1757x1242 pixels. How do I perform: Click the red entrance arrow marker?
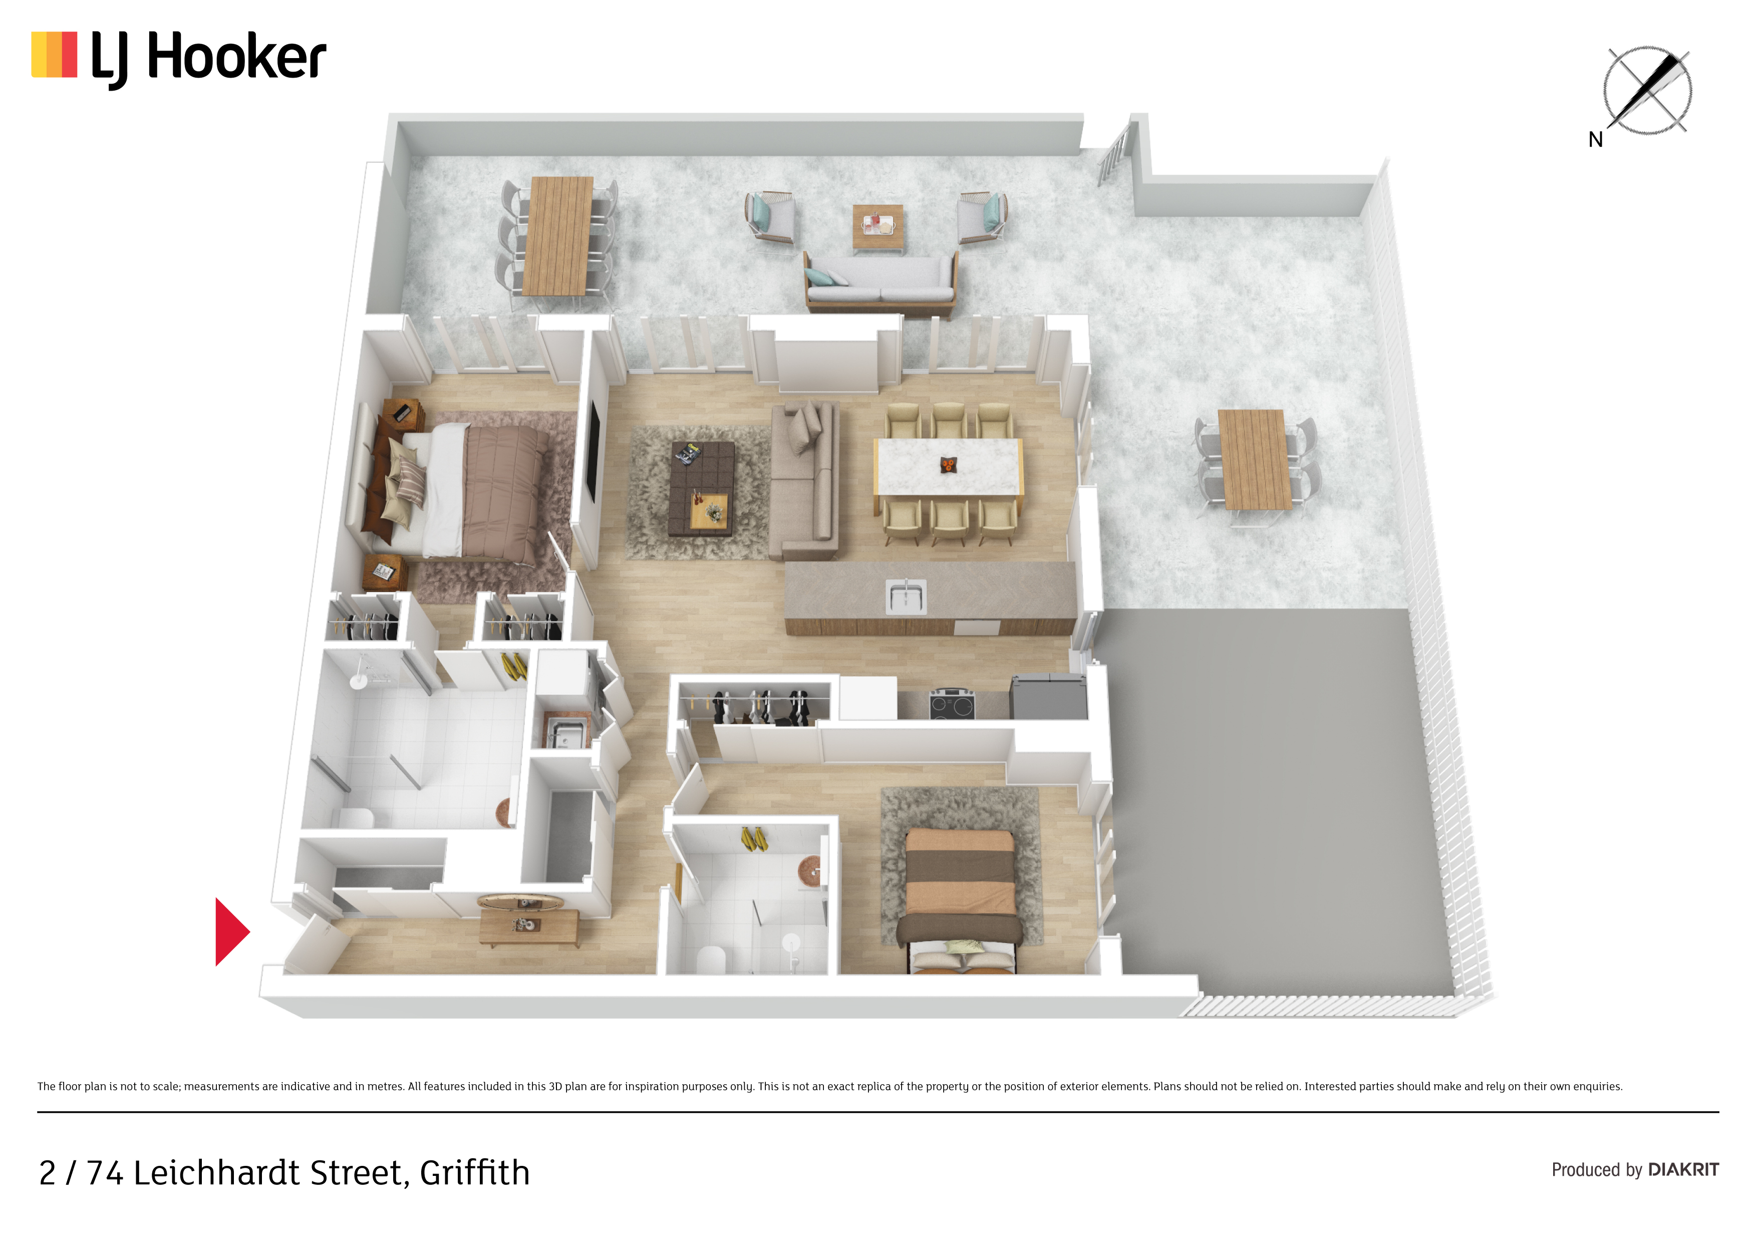point(231,932)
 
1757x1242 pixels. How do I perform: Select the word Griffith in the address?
point(474,1172)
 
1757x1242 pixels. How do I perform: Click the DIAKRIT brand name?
point(1683,1169)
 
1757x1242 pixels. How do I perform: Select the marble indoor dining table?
point(948,467)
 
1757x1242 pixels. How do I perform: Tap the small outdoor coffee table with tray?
point(877,226)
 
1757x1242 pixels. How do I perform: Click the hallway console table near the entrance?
point(529,926)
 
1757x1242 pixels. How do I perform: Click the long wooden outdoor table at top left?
point(558,236)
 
